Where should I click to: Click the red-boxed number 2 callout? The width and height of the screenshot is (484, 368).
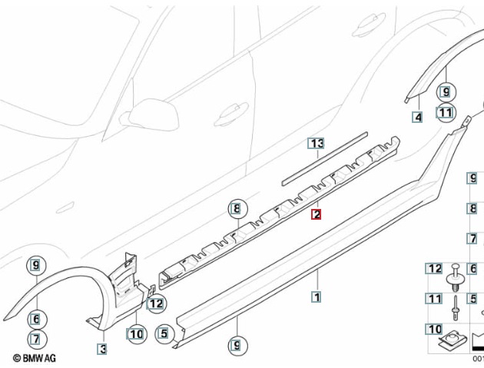pos(316,214)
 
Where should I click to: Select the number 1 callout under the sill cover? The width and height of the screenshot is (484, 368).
pos(317,297)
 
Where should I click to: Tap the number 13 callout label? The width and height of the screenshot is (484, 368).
pos(316,144)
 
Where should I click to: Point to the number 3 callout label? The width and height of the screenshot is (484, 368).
pos(102,349)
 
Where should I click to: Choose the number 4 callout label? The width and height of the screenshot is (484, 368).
pos(417,117)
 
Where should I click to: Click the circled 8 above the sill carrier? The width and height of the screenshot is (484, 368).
pos(237,209)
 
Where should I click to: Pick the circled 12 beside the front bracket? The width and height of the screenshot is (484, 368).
pos(156,303)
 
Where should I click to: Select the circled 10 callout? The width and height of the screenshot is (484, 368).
pos(136,334)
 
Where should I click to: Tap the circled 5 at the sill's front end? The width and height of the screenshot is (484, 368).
pos(165,333)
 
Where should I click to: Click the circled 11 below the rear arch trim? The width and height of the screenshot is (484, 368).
pos(446,112)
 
